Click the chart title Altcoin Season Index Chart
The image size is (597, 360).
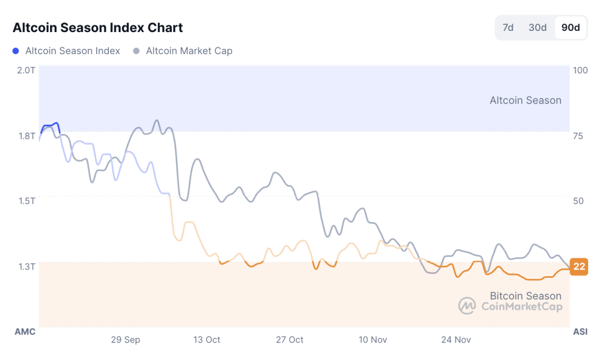(98, 27)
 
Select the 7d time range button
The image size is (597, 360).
(508, 27)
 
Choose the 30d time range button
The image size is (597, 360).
(537, 27)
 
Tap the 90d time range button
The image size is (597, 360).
(570, 27)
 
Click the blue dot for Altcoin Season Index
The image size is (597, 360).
(16, 51)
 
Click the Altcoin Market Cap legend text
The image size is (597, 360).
(189, 51)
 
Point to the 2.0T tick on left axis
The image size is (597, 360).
(26, 70)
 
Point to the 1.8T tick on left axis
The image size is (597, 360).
(26, 136)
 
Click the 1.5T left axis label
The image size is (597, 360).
(26, 201)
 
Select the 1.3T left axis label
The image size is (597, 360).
(26, 267)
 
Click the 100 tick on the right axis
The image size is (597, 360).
(580, 70)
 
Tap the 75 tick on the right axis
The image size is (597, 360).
(578, 136)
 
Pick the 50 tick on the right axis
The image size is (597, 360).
(578, 201)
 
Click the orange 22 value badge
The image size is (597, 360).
(579, 267)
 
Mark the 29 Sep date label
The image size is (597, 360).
(125, 340)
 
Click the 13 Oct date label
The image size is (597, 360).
(206, 340)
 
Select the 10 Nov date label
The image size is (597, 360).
(373, 340)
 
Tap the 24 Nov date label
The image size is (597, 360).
(456, 340)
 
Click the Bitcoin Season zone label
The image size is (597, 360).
(525, 296)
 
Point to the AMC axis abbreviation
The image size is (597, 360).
(25, 331)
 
